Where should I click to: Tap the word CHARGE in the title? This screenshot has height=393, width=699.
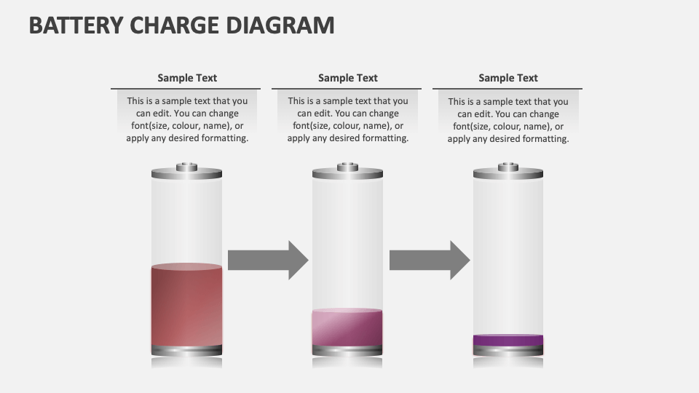coord(175,25)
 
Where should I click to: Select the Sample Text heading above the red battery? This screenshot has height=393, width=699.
coord(187,78)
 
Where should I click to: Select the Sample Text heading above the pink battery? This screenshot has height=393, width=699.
coord(348,78)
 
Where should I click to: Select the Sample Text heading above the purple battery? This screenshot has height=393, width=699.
coord(508,78)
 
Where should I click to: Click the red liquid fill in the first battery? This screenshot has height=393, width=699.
coord(187,306)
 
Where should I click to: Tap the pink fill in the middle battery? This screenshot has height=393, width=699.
coord(347,327)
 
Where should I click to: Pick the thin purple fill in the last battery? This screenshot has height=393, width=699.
coord(508,340)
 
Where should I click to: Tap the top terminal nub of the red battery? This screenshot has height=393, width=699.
coord(187,167)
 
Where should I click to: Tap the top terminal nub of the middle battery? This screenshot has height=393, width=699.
coord(347,167)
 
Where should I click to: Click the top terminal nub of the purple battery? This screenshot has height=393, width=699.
coord(508,167)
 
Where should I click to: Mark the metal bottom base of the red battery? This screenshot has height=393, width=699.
coord(187,351)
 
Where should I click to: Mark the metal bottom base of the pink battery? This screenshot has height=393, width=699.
coord(347,351)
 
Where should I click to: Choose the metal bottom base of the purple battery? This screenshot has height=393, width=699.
coord(508,351)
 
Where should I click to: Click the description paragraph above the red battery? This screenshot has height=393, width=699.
coord(187,119)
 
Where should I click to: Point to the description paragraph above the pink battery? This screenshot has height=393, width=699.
coord(348,119)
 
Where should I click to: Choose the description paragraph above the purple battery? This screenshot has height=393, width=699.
coord(508,120)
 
